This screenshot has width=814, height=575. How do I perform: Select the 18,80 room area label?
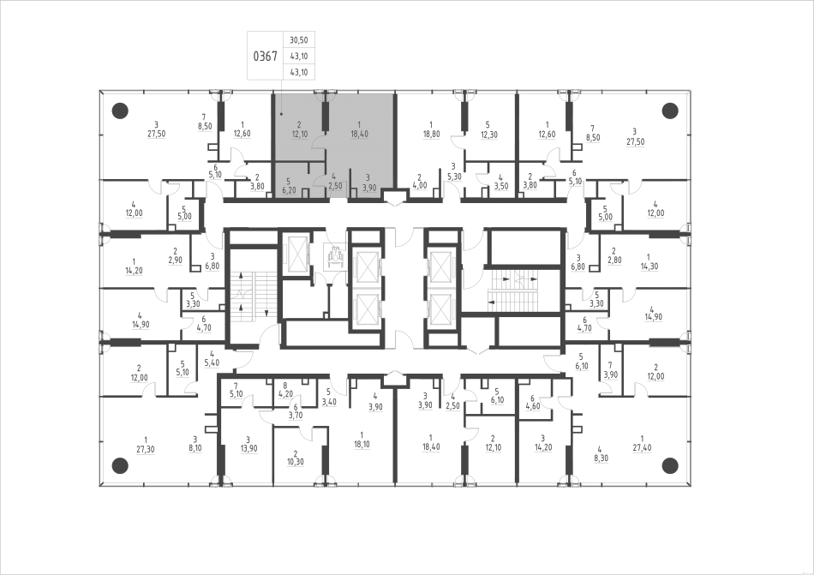[x=431, y=135]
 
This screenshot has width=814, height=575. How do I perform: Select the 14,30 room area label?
[x=649, y=267]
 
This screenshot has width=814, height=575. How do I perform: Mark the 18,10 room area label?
[x=362, y=445]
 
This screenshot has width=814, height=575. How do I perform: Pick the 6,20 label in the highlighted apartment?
[x=290, y=189]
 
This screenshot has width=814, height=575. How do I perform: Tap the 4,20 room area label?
[x=286, y=395]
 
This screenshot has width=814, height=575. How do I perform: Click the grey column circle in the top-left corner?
[x=120, y=110]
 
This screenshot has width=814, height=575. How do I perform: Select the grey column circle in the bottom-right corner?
[x=670, y=465]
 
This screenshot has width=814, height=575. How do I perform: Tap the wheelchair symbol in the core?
[x=335, y=255]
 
